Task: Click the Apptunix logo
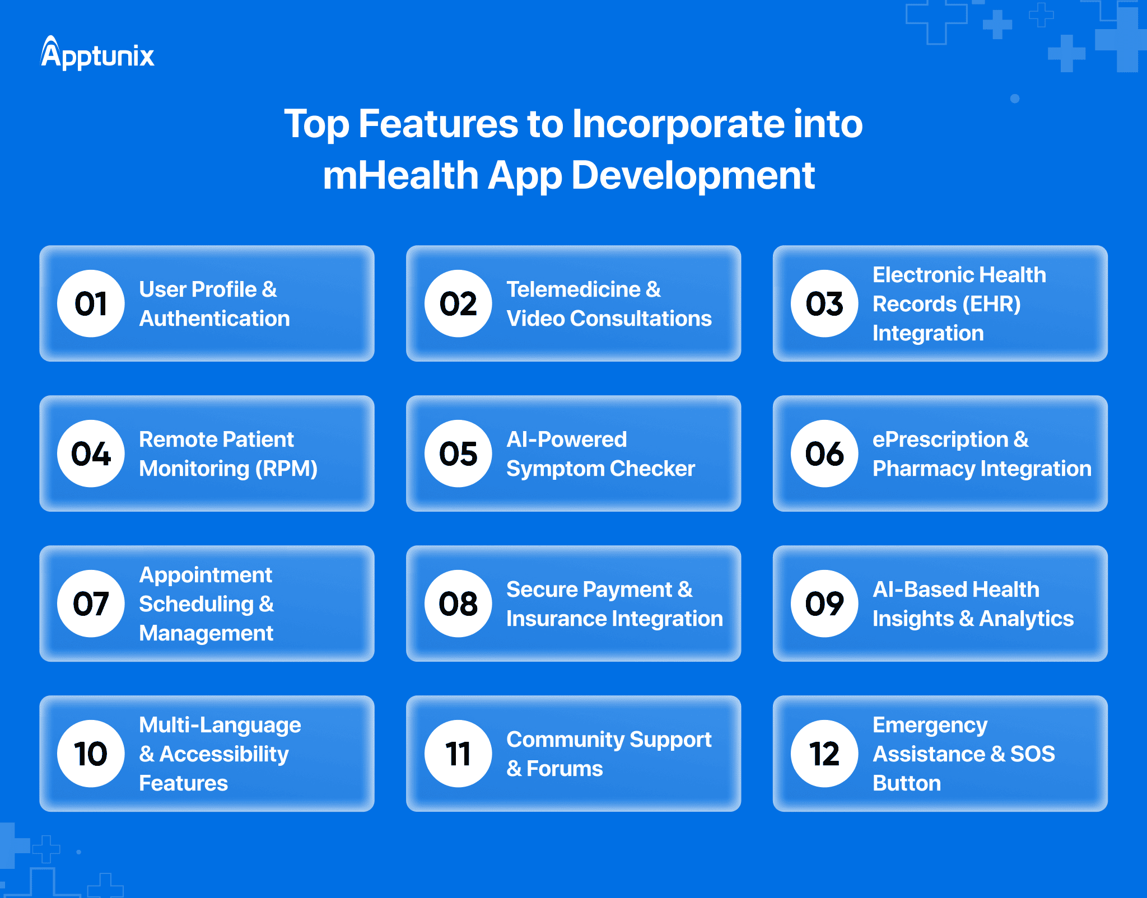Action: tap(97, 54)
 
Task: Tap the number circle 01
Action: tap(91, 303)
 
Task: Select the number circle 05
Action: tap(458, 453)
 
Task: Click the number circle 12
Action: tap(824, 754)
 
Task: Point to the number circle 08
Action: tap(458, 604)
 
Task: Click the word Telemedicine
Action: tap(573, 289)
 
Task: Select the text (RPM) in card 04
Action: tap(286, 469)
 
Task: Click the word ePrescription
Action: tap(940, 439)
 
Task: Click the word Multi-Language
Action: tap(220, 725)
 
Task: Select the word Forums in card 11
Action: tap(564, 769)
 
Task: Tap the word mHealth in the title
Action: tap(400, 175)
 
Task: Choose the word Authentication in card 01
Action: tap(214, 319)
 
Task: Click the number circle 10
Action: tap(91, 754)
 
